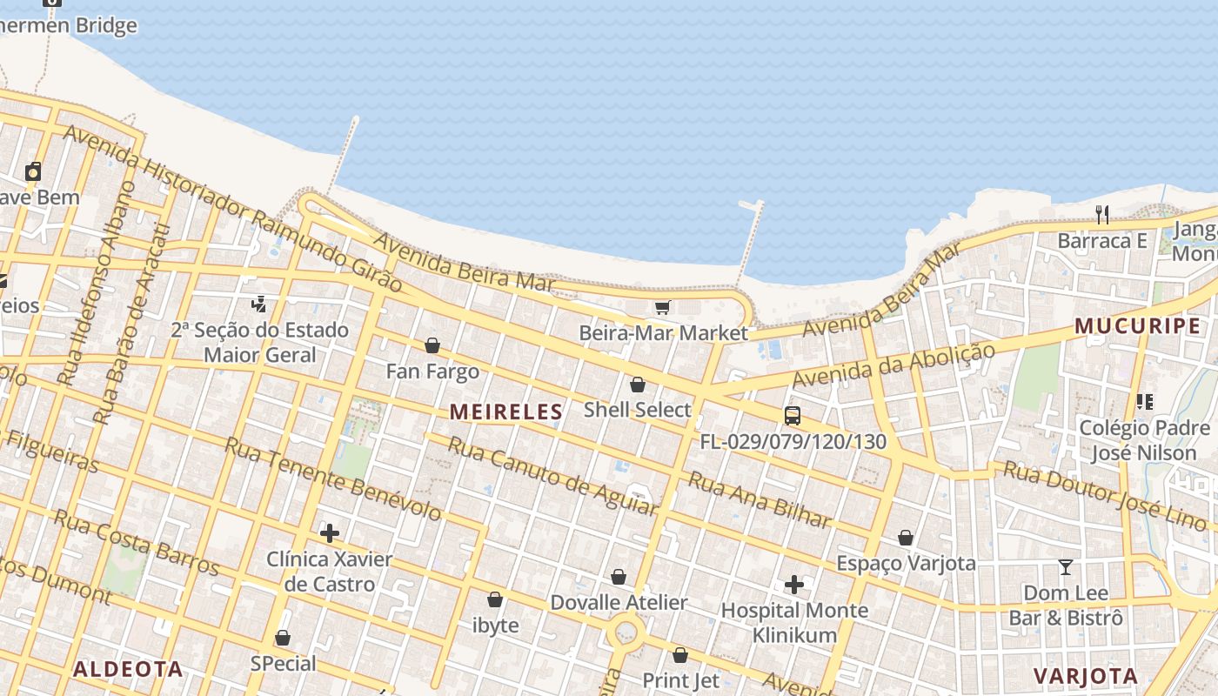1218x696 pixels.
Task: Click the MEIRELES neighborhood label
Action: click(x=506, y=412)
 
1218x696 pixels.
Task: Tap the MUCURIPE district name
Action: click(x=1137, y=326)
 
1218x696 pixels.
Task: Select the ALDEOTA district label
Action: click(x=128, y=669)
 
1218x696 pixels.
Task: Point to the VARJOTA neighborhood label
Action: click(x=1085, y=676)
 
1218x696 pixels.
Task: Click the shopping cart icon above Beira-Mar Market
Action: click(x=663, y=307)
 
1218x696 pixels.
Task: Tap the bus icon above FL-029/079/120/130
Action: click(x=793, y=416)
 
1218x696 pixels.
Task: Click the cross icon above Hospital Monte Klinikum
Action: click(x=793, y=585)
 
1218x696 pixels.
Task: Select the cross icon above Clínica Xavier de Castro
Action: click(x=330, y=533)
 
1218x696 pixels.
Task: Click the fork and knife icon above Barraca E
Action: click(x=1102, y=214)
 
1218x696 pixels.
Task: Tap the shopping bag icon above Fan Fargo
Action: click(x=432, y=346)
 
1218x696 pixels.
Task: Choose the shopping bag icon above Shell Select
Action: click(x=638, y=385)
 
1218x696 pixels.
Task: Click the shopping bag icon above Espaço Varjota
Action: click(x=906, y=538)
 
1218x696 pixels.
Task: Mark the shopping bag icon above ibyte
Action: click(x=495, y=599)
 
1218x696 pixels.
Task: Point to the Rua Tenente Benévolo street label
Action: click(x=333, y=478)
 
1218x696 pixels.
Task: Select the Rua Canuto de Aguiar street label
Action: click(x=552, y=475)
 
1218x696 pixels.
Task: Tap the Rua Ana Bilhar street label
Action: click(x=760, y=500)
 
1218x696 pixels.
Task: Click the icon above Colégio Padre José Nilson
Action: click(x=1144, y=402)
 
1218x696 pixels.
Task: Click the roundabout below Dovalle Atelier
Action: click(x=626, y=631)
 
